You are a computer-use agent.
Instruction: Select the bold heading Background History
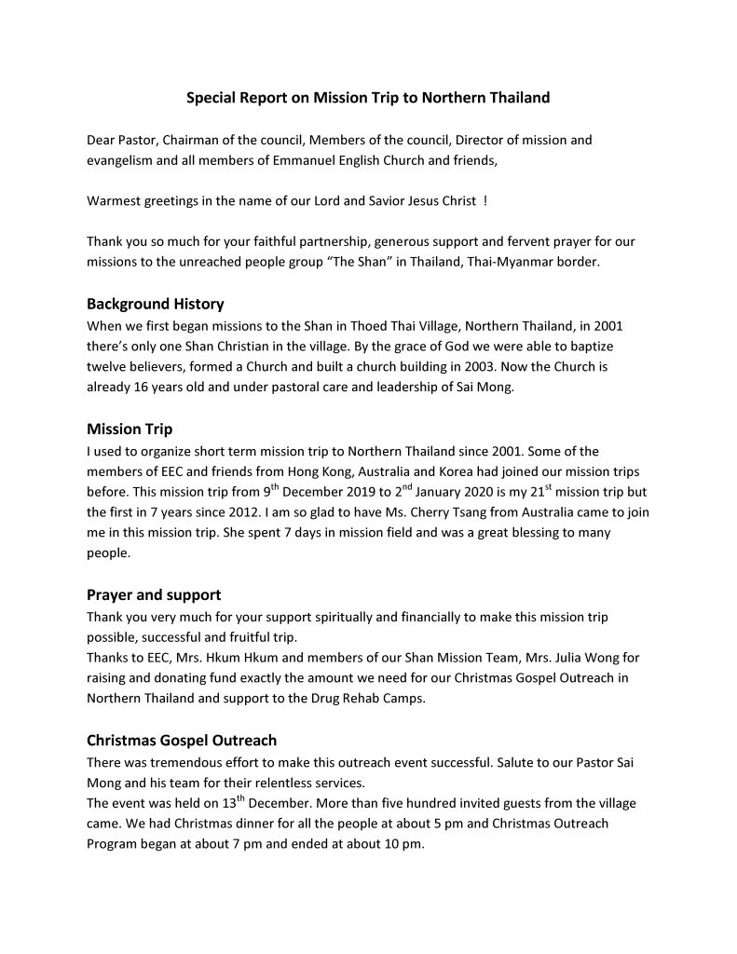tap(155, 304)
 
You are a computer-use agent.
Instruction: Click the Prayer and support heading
tap(153, 594)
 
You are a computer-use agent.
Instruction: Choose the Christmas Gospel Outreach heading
tap(182, 741)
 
